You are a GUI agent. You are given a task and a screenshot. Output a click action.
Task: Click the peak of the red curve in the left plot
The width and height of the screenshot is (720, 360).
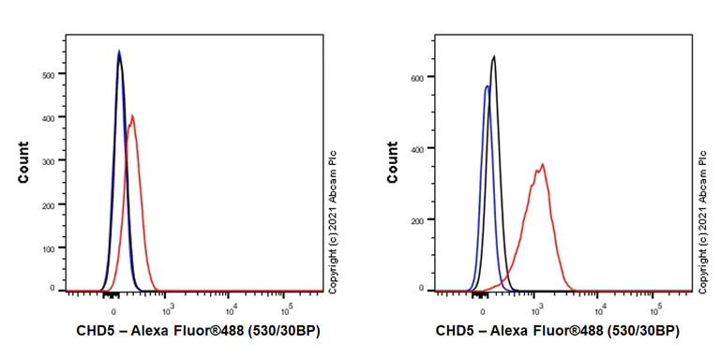133,115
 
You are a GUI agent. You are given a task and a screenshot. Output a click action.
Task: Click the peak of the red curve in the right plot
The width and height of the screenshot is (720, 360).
542,164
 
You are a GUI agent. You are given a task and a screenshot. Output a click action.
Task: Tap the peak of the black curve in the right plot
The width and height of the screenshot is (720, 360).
493,56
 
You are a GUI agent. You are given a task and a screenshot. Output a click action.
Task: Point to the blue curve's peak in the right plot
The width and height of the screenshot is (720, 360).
487,86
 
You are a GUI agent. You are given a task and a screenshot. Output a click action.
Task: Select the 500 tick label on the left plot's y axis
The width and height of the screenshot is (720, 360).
49,74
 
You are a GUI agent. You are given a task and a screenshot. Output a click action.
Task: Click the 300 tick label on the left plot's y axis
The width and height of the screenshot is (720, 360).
49,161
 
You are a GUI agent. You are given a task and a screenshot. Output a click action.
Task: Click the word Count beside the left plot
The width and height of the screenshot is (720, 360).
22,162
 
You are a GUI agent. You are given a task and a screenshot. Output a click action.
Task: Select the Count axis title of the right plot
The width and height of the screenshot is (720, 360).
392,162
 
